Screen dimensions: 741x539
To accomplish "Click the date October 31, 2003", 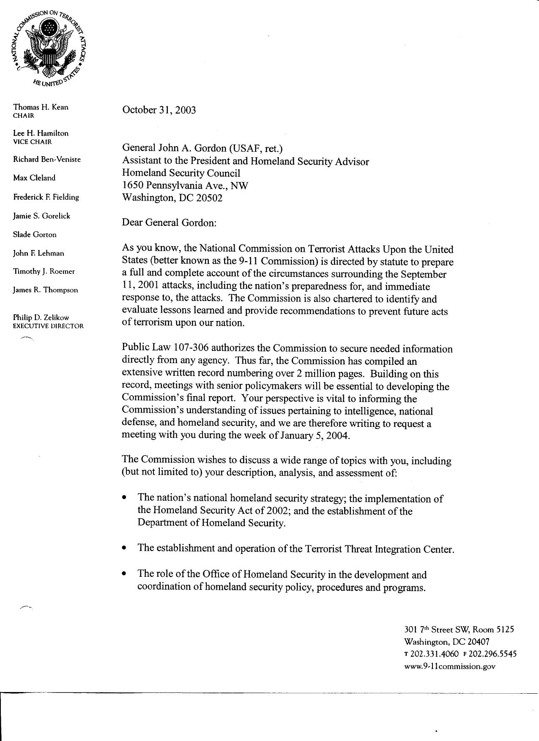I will (x=159, y=110).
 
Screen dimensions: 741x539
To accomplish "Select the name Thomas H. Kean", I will (x=41, y=107).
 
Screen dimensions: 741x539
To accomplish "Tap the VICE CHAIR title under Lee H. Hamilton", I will (x=33, y=142).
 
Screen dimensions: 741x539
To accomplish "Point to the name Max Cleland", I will (x=34, y=178).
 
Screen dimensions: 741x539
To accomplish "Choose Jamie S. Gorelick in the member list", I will (x=41, y=216).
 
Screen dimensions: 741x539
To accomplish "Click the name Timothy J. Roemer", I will (x=44, y=271).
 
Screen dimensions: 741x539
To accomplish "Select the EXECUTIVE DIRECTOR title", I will (x=48, y=326).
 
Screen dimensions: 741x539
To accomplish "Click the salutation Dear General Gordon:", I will (x=169, y=223).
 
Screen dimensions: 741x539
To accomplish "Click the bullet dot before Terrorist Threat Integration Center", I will (x=124, y=548).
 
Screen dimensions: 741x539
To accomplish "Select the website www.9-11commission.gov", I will (x=449, y=666).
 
